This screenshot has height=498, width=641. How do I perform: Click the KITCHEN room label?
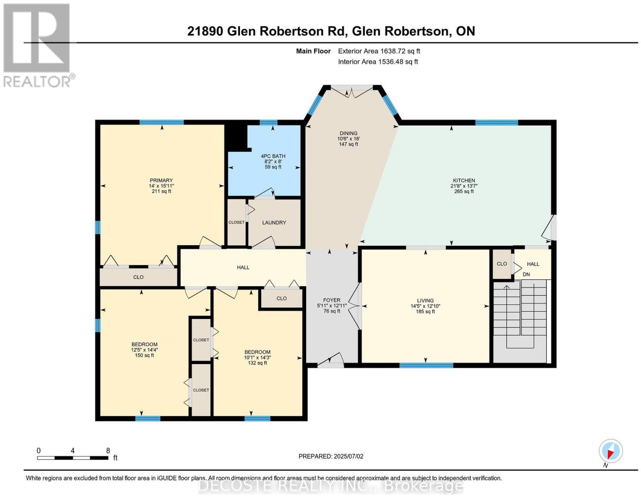tap(464, 180)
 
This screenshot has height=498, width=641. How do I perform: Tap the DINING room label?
tap(349, 133)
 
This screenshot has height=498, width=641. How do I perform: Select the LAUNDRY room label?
tap(274, 223)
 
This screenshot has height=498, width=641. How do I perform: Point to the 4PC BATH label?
tap(273, 156)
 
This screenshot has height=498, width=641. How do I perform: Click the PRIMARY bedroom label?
tap(161, 180)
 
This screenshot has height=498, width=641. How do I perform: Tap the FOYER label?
tap(332, 300)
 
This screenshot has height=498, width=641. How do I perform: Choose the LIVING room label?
tap(425, 301)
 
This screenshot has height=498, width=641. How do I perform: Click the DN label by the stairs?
tap(526, 274)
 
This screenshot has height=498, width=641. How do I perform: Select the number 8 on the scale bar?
tap(108, 451)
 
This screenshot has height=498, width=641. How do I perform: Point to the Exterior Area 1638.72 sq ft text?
tap(379, 51)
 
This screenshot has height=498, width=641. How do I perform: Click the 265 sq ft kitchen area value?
tap(464, 192)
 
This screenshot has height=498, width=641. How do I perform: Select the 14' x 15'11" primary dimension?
tap(161, 186)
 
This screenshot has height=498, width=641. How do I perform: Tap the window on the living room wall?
tap(426, 365)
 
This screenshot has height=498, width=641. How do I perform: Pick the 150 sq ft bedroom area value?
tap(145, 355)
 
